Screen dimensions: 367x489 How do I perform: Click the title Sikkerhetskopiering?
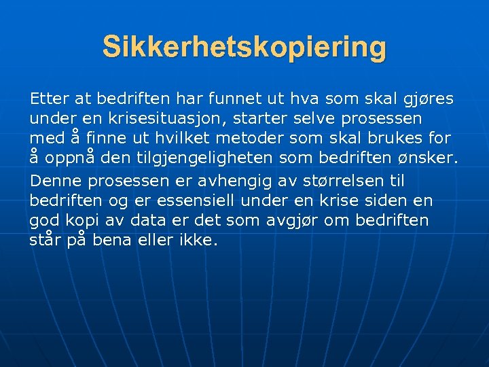(x=244, y=48)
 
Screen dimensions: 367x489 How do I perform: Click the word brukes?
(x=401, y=139)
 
